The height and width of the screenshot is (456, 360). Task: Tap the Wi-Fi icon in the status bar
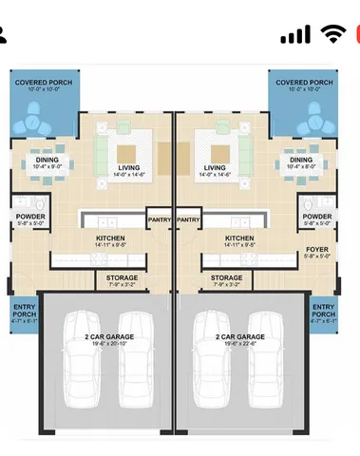pos(332,34)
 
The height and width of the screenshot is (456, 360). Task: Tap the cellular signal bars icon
pos(296,34)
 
